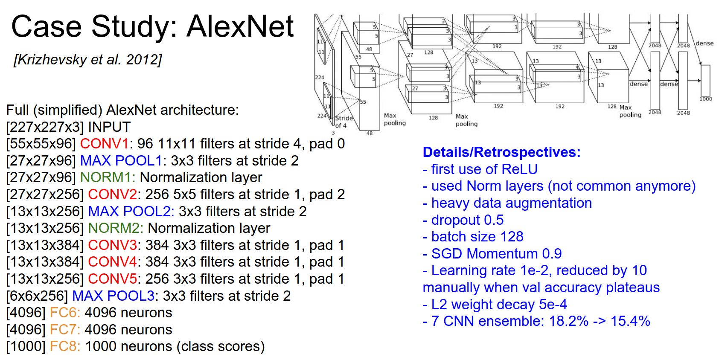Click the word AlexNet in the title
click(240, 26)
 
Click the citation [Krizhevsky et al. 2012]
click(88, 60)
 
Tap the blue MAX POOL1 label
click(121, 161)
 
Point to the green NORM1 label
click(107, 177)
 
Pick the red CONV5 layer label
click(112, 279)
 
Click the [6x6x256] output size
click(37, 296)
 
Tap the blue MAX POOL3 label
click(113, 296)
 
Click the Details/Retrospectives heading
click(501, 152)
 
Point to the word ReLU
click(519, 169)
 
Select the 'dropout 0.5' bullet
click(467, 220)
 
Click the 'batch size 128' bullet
click(477, 237)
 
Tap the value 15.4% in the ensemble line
click(630, 321)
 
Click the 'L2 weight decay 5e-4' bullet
click(499, 305)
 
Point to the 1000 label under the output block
click(706, 99)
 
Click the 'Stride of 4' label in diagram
click(343, 122)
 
